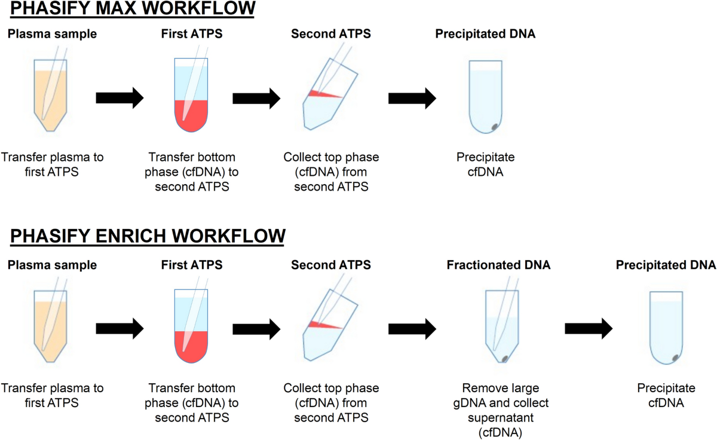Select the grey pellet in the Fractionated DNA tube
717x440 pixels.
coord(504,358)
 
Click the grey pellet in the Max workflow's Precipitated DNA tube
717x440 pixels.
coord(495,126)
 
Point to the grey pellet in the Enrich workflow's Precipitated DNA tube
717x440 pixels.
coord(676,357)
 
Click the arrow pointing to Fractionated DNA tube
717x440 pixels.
coord(412,328)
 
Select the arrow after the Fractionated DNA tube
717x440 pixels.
coord(589,328)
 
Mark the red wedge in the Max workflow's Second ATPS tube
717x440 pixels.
coord(323,94)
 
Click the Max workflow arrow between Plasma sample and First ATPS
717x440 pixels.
coord(119,97)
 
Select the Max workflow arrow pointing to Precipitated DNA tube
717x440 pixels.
coord(412,97)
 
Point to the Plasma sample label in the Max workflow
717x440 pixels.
coord(52,34)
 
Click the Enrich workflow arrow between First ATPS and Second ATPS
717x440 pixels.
coord(256,328)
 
